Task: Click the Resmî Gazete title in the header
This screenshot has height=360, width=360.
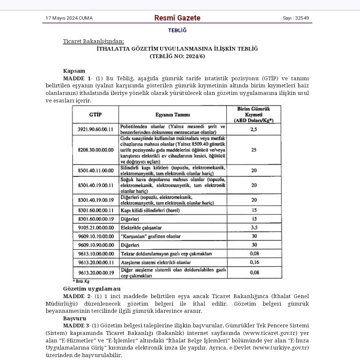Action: (x=177, y=18)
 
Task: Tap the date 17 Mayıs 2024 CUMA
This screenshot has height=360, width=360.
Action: (x=69, y=18)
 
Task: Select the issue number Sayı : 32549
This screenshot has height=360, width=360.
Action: (x=296, y=18)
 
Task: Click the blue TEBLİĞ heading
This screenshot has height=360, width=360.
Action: (x=177, y=30)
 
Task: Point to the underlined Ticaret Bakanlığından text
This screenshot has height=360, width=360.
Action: (x=93, y=41)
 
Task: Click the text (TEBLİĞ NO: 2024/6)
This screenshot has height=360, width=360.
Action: (x=177, y=56)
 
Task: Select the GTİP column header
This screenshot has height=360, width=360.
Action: (x=95, y=114)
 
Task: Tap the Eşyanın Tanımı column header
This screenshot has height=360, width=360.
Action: (x=173, y=115)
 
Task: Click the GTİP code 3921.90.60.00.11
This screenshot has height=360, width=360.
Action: (x=95, y=129)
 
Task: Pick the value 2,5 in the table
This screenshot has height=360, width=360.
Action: (x=253, y=129)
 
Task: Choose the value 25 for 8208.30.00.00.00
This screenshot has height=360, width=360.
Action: (x=253, y=150)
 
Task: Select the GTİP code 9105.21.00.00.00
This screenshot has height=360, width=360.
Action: (x=95, y=228)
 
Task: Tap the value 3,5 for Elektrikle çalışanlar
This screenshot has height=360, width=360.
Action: (x=253, y=228)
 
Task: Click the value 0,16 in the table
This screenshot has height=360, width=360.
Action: (x=253, y=262)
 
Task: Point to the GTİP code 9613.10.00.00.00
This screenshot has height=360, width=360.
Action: (x=95, y=254)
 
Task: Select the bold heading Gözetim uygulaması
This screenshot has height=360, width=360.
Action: (x=92, y=289)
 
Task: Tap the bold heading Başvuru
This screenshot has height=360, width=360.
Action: (x=74, y=318)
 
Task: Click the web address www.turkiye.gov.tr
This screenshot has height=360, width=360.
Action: (x=281, y=347)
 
